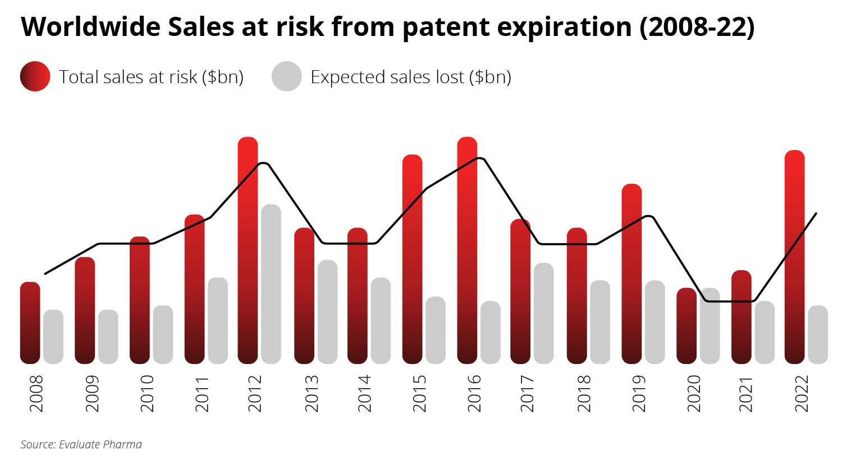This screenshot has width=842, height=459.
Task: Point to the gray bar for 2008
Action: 53,337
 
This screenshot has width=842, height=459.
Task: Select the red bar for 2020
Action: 687,326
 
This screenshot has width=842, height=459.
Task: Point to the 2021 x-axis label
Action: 745,394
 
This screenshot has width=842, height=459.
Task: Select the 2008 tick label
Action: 36,394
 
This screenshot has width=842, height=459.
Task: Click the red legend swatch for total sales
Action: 35,76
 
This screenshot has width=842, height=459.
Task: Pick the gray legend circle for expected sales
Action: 287,76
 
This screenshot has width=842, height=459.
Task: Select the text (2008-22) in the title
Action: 697,27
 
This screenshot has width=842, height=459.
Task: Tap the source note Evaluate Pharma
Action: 81,444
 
